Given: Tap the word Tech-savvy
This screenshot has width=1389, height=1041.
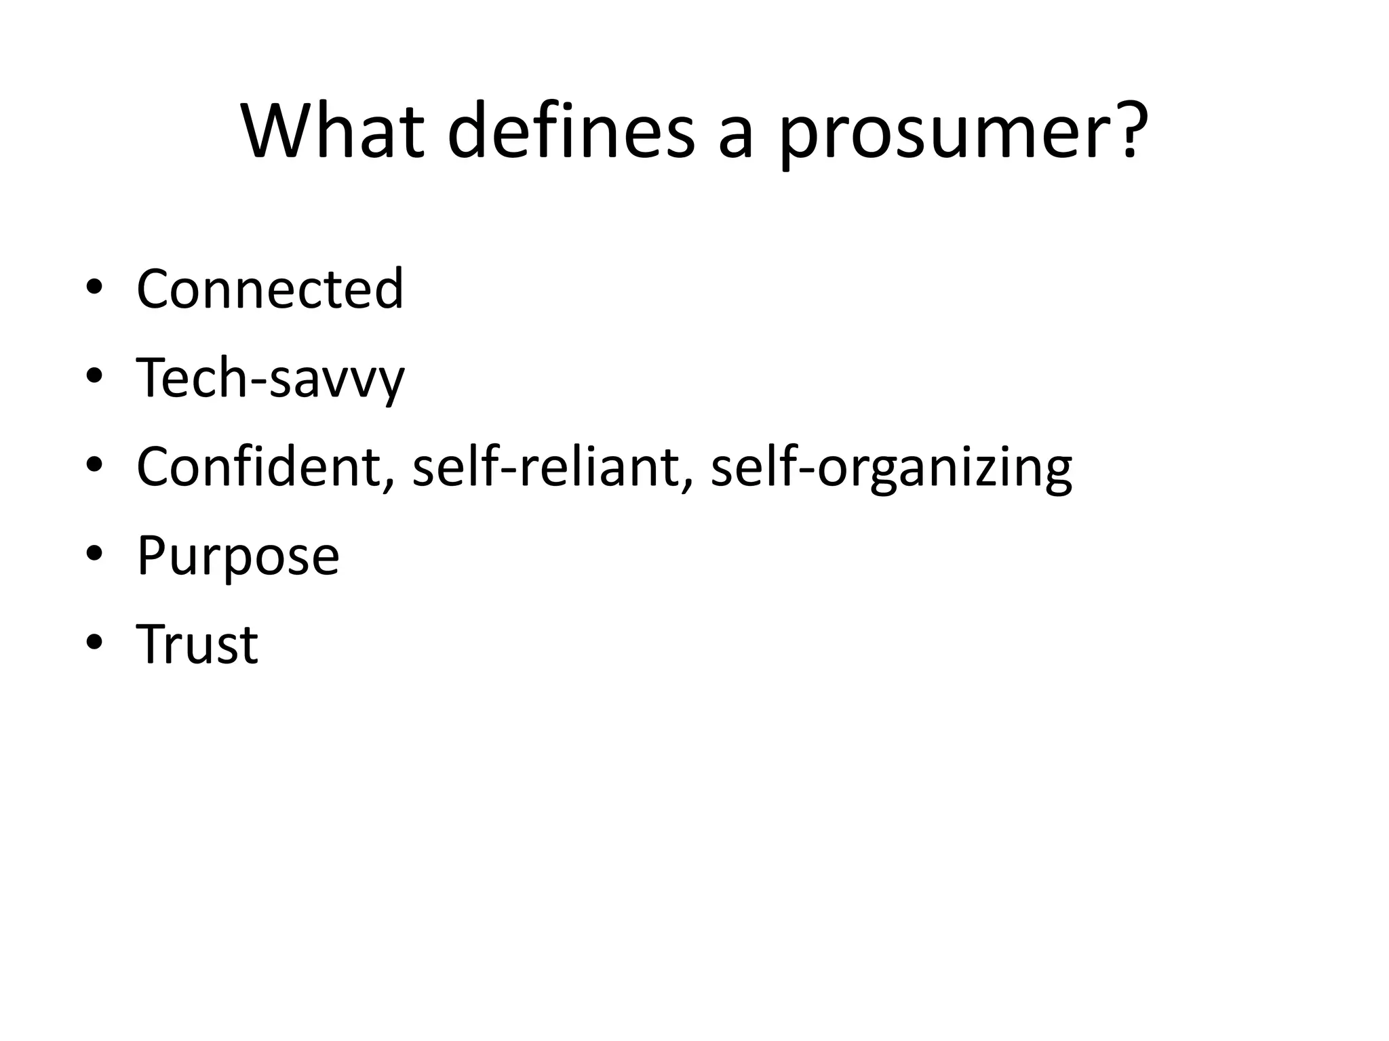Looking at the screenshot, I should pos(270,378).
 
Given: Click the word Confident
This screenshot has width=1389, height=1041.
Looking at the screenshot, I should pos(258,467).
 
